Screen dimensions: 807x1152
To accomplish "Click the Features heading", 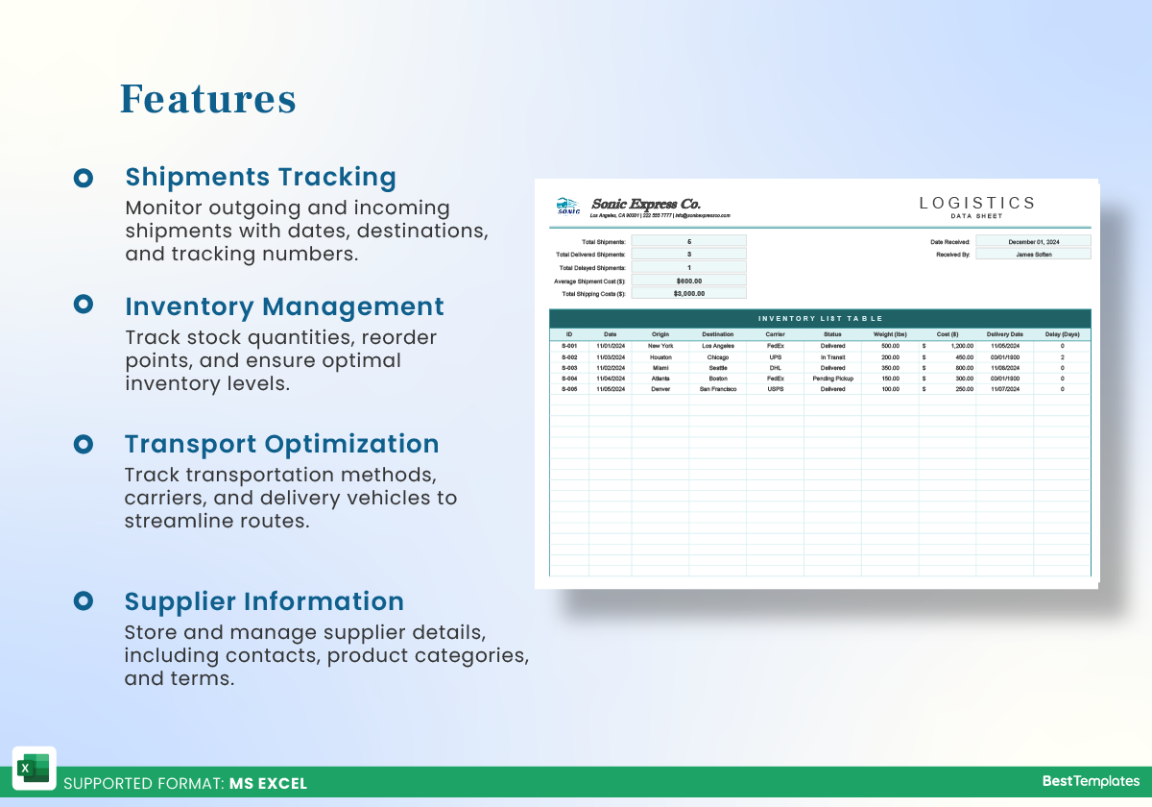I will tap(207, 99).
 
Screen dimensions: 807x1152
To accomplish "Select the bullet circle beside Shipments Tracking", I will tap(84, 178).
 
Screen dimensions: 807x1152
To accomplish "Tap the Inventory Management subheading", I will tap(284, 306).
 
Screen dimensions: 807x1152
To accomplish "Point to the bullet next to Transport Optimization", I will tap(84, 444).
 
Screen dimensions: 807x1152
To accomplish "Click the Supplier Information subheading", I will tap(264, 601).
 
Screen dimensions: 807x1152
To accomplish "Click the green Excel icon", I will tap(34, 769).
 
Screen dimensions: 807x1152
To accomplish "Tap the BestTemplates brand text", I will tap(1091, 782).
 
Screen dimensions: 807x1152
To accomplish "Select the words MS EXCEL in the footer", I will tap(268, 783).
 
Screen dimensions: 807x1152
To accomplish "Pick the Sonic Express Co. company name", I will tap(646, 204).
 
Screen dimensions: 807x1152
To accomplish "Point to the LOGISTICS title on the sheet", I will tap(977, 203).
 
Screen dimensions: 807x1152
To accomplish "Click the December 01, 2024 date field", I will tap(1033, 242).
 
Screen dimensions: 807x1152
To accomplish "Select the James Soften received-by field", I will tap(1033, 255).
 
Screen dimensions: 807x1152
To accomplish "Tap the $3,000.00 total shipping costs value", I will tap(688, 293).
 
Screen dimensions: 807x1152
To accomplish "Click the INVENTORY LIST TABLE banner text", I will tap(820, 319).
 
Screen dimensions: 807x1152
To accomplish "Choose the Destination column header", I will tap(717, 334).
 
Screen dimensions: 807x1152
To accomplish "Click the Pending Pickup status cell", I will tap(832, 379).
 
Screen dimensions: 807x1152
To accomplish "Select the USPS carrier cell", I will tap(775, 389).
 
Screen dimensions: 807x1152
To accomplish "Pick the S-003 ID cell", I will tap(569, 368).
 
